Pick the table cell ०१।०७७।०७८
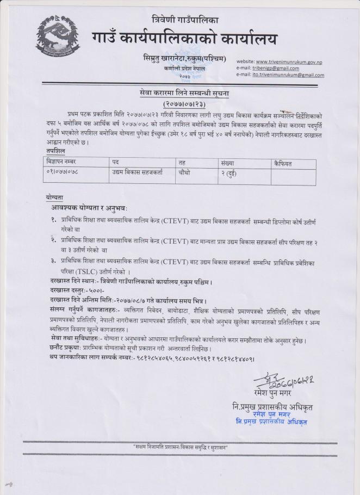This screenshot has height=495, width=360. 63,171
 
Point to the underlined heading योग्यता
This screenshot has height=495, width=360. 55,196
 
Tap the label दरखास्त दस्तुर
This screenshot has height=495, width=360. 64,291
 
